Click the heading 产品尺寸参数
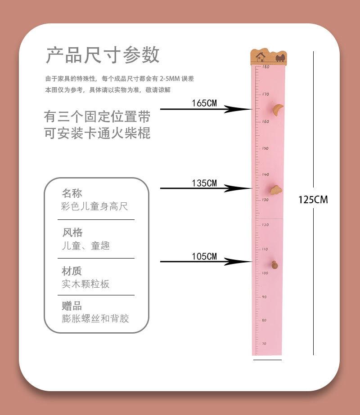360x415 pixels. [x=103, y=55]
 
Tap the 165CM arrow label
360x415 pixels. [x=204, y=103]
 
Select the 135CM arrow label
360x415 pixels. [x=204, y=183]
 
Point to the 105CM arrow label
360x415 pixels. [x=204, y=257]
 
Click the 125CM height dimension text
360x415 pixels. [x=313, y=200]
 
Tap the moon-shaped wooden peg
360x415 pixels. [x=278, y=109]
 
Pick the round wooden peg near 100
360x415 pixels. [x=274, y=263]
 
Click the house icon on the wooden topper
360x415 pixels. [x=261, y=57]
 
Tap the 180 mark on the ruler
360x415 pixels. [x=265, y=67]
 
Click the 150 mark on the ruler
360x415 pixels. [x=265, y=148]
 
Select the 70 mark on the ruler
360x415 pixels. [x=264, y=344]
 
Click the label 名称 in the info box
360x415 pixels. [x=72, y=194]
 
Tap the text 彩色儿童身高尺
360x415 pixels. [x=94, y=206]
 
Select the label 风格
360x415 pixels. [x=72, y=232]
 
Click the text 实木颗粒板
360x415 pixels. [x=85, y=284]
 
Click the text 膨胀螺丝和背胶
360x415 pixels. [x=95, y=318]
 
